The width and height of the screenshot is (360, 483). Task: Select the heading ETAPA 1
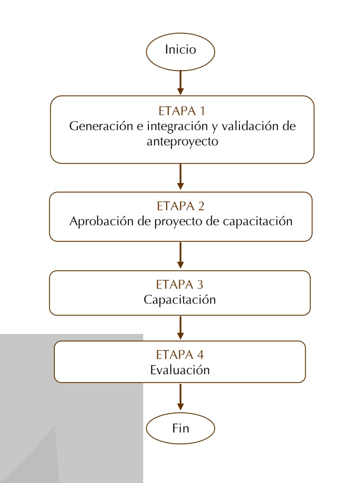(182, 111)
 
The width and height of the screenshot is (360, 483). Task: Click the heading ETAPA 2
(181, 206)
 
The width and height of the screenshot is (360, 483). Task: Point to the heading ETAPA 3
(180, 284)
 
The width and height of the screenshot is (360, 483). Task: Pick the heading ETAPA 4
(180, 355)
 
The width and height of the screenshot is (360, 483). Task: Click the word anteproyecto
(182, 142)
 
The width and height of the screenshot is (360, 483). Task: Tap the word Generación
(101, 126)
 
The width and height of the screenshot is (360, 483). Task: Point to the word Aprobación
(102, 221)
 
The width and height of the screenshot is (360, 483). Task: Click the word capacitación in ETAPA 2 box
(257, 221)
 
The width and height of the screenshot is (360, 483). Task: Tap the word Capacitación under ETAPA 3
(180, 300)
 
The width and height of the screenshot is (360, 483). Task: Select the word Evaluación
(180, 370)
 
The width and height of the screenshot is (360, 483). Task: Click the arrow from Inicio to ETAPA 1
(181, 83)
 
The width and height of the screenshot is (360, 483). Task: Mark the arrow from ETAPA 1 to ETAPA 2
(181, 177)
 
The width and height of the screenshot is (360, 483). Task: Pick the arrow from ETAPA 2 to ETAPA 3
(181, 255)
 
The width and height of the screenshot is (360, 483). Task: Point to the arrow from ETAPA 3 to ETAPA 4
(181, 328)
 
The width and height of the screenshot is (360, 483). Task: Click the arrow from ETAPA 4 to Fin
(181, 397)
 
